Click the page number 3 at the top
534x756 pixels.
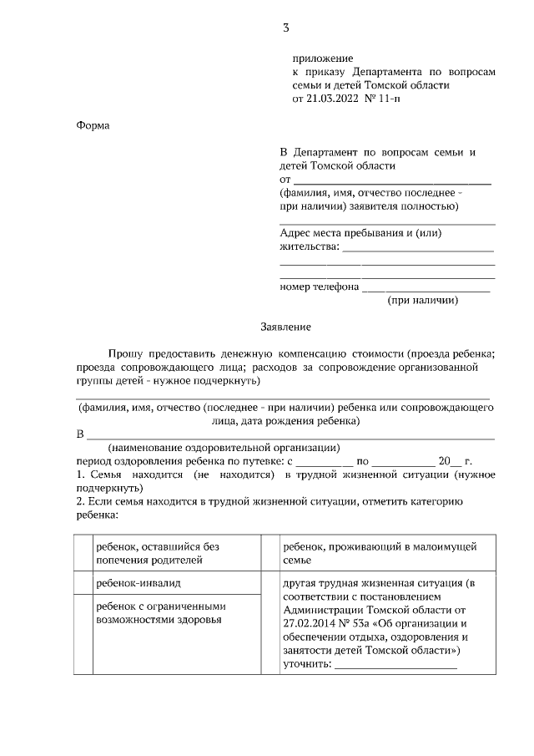(286, 28)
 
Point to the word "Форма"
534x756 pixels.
(93, 125)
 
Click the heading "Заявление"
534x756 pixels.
(285, 328)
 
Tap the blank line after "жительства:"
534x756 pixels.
(419, 248)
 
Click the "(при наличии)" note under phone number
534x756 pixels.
(423, 301)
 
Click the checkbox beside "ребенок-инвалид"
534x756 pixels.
(83, 582)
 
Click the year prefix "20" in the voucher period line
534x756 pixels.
(444, 460)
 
